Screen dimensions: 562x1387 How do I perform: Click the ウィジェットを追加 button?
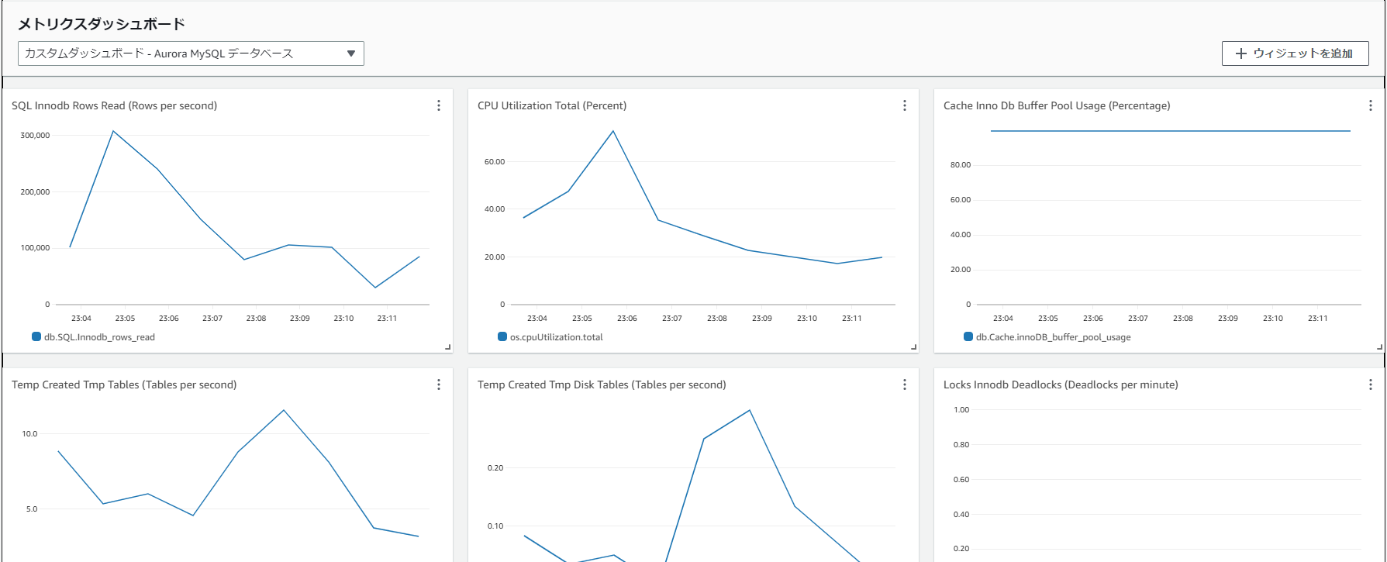pos(1295,53)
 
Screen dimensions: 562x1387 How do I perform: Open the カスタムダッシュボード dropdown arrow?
pos(351,53)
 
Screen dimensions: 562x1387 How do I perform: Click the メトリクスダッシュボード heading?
pos(102,24)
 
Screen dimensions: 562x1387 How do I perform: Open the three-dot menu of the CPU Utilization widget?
pos(904,105)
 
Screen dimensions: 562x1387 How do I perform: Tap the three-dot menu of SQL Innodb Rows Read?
pos(438,105)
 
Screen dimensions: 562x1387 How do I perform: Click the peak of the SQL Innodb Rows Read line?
pos(113,131)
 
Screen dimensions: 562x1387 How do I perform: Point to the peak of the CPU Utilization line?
pos(613,131)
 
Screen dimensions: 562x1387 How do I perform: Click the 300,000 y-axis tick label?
pos(35,136)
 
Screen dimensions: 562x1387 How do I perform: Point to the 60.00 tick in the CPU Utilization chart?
pos(494,162)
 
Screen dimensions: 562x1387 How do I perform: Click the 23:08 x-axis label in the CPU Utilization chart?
pos(716,319)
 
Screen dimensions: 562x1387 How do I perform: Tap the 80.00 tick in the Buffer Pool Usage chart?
pos(960,165)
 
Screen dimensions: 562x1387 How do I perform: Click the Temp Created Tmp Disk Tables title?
pos(602,384)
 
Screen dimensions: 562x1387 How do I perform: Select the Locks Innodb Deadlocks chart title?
pos(1060,384)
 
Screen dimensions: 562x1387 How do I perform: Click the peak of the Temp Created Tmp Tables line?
pos(284,410)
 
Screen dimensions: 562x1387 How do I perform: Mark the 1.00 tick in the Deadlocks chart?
pos(961,410)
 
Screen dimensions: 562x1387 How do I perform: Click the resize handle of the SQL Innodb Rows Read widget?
pos(448,347)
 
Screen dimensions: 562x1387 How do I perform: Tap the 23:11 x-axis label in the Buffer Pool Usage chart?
pos(1317,319)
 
